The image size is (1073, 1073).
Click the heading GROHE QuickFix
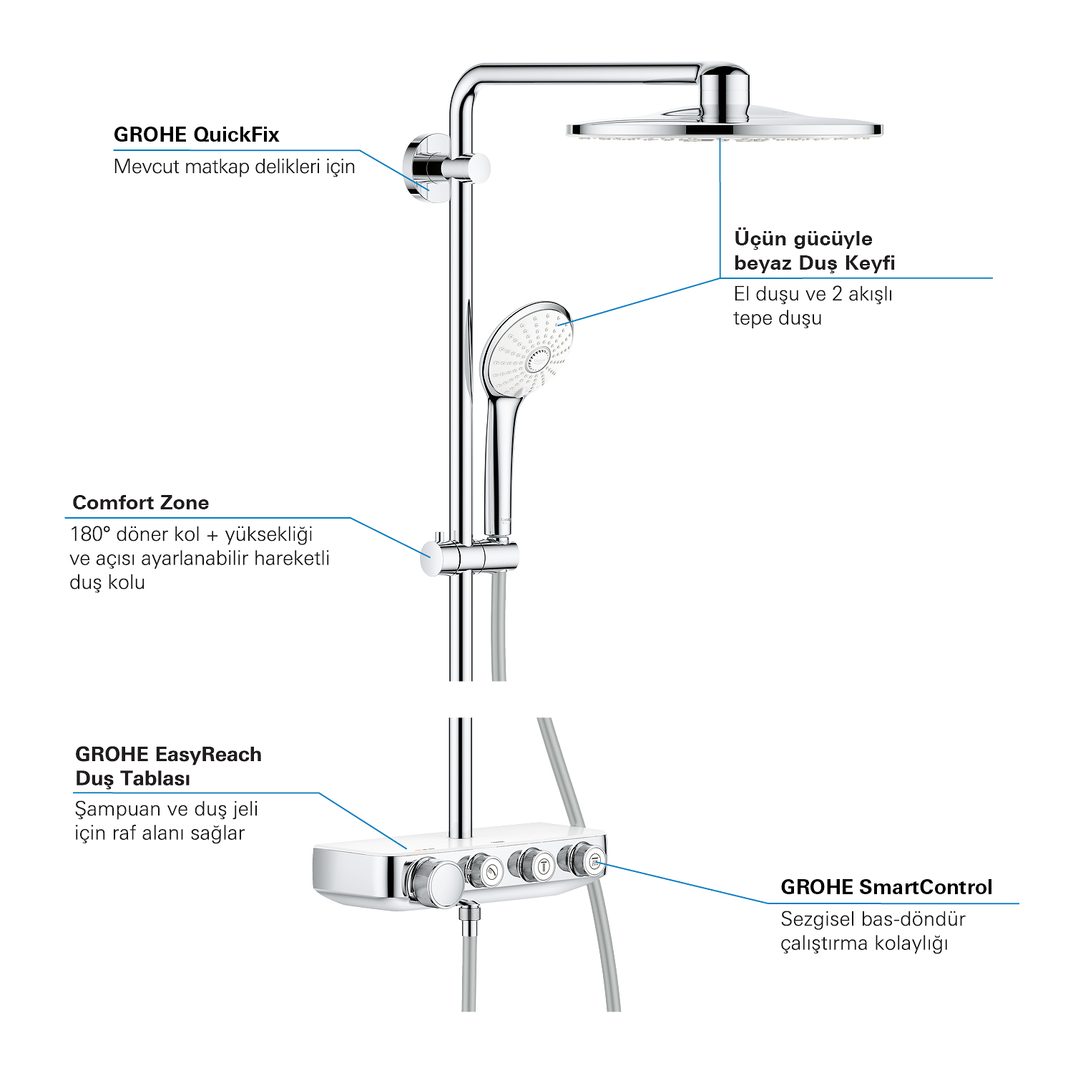pos(196,134)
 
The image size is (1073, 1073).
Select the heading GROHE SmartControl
pos(886,887)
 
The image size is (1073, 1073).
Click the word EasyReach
pos(208,754)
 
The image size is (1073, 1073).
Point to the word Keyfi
pos(870,263)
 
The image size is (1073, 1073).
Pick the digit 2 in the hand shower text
pos(837,294)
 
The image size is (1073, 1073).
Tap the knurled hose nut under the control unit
pos(469,920)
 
